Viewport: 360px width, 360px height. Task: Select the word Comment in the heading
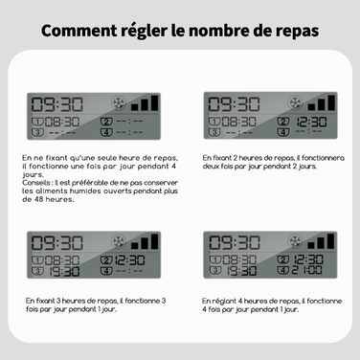point(79,31)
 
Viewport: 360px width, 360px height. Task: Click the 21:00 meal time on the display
point(306,270)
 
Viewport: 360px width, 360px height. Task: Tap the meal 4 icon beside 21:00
point(282,270)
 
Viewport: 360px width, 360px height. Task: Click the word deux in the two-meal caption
point(210,167)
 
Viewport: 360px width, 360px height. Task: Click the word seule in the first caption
point(107,158)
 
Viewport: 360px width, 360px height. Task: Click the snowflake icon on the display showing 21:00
point(295,241)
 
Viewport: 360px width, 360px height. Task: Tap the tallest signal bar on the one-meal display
point(155,102)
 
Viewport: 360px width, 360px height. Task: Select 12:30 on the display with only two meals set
point(311,122)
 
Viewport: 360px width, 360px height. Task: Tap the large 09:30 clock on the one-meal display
point(57,104)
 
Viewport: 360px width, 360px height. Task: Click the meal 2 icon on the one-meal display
point(106,122)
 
